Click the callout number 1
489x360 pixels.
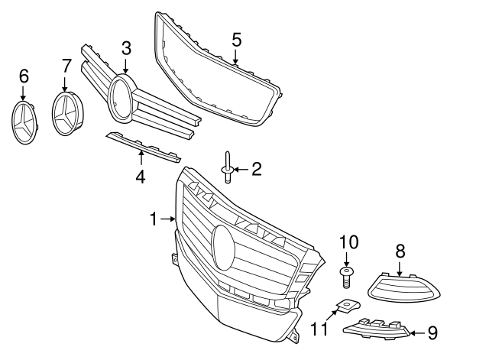tap(154, 219)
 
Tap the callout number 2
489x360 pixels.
tap(256, 169)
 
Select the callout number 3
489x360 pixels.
tap(126, 48)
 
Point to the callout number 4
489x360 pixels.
tap(141, 177)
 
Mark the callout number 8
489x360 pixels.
tap(400, 250)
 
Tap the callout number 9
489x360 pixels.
tap(432, 332)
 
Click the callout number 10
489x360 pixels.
tap(348, 242)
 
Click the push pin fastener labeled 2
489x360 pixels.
tap(228, 169)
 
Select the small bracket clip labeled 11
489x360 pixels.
tap(346, 306)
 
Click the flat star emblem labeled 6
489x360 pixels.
tap(24, 123)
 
